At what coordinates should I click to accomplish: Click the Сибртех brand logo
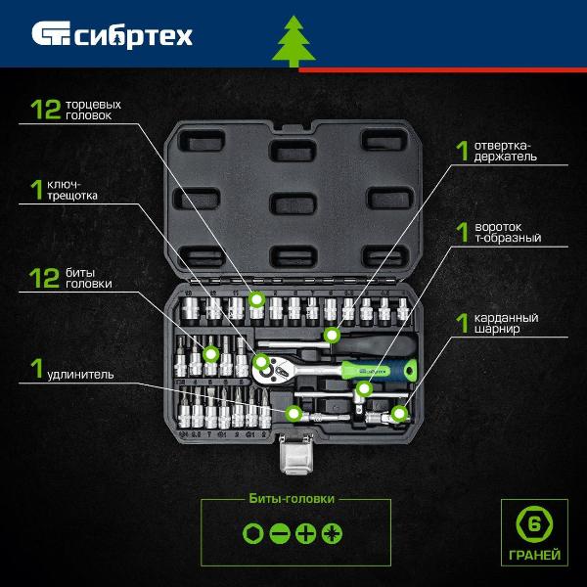pyautogui.click(x=112, y=35)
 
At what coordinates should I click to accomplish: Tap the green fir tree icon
pyautogui.click(x=293, y=41)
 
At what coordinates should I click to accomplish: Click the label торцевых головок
pyautogui.click(x=93, y=110)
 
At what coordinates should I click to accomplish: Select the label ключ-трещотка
pyautogui.click(x=71, y=190)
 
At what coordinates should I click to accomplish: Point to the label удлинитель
pyautogui.click(x=80, y=375)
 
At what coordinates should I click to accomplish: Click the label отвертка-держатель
pyautogui.click(x=505, y=152)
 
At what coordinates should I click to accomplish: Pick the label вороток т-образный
pyautogui.click(x=508, y=233)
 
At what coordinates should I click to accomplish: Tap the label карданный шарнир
pyautogui.click(x=506, y=323)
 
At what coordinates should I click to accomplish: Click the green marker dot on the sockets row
pyautogui.click(x=256, y=299)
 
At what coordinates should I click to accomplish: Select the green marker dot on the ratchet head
pyautogui.click(x=261, y=362)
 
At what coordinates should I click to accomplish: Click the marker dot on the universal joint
pyautogui.click(x=399, y=414)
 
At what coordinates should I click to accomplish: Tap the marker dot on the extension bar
pyautogui.click(x=293, y=414)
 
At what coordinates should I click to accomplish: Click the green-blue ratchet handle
pyautogui.click(x=379, y=370)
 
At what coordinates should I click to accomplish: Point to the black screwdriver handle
pyautogui.click(x=374, y=344)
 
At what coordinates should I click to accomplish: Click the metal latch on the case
pyautogui.click(x=296, y=453)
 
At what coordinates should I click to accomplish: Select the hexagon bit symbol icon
pyautogui.click(x=253, y=533)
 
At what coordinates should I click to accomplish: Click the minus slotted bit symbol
pyautogui.click(x=280, y=533)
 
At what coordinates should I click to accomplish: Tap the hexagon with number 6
pyautogui.click(x=534, y=524)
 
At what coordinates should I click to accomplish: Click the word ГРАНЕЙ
pyautogui.click(x=534, y=555)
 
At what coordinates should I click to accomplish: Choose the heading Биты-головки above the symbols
pyautogui.click(x=292, y=499)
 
